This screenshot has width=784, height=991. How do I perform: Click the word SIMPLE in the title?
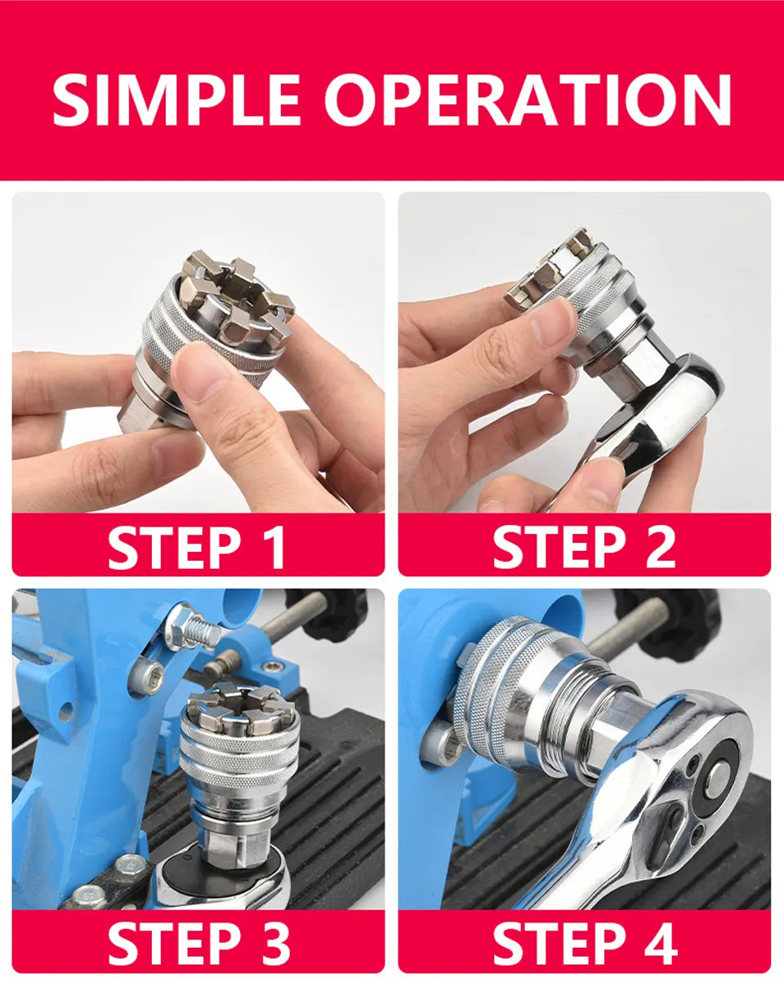coord(176,100)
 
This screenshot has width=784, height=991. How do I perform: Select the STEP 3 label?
coord(198,943)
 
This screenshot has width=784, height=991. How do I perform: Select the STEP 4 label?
coord(584,943)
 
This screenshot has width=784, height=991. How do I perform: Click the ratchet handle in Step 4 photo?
coord(588,865)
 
